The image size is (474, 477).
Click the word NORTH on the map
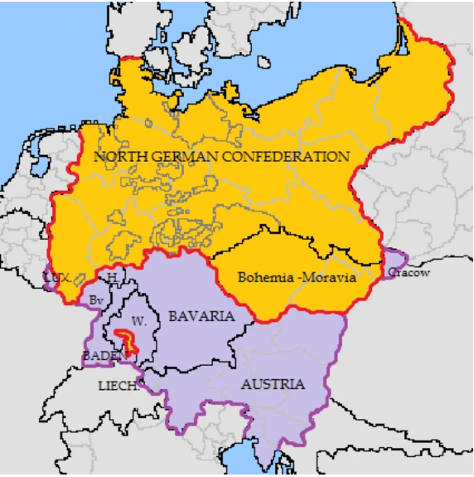tap(117, 156)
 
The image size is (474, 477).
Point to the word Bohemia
tap(264, 278)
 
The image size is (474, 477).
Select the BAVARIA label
tap(201, 317)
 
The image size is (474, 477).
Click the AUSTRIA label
tap(272, 384)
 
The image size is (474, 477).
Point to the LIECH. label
tap(118, 386)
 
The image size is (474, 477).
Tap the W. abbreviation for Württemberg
tap(138, 319)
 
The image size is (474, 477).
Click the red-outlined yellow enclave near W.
tap(127, 339)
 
